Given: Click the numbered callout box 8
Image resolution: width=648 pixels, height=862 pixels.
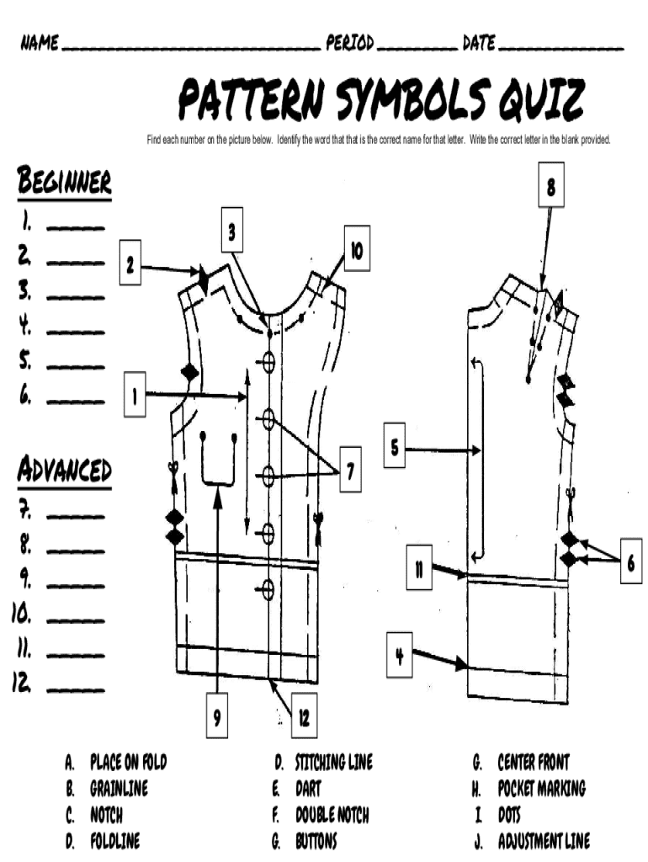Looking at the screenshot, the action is [x=550, y=184].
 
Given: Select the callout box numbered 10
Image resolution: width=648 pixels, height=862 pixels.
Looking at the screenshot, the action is [x=357, y=248].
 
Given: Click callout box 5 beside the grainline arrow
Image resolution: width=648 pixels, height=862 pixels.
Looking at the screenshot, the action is [x=394, y=445].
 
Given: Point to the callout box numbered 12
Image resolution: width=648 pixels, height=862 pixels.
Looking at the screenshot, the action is [x=304, y=715].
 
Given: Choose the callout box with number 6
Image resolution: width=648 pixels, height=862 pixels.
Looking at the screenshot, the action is [x=630, y=561].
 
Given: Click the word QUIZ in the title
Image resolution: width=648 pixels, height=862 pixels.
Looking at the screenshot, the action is [x=541, y=100].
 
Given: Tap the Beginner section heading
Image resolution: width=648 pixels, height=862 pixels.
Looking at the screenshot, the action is [x=64, y=180].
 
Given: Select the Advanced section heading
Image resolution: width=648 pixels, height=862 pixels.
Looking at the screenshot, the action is [x=64, y=469].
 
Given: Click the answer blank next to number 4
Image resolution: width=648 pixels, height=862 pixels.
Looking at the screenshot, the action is [x=75, y=332].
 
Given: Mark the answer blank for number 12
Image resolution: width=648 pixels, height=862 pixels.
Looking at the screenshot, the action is [x=75, y=689].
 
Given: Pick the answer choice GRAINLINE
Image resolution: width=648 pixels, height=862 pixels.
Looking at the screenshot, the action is [x=120, y=788].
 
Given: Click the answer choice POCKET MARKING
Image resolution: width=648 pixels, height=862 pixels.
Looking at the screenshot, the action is [x=541, y=788].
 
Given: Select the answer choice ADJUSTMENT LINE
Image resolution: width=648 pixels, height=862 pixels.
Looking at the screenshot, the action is [x=544, y=841].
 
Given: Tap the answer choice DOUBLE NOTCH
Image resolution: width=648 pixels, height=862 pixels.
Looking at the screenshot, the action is [x=332, y=815].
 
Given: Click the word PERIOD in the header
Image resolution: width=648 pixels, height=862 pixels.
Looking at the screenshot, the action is [x=350, y=42].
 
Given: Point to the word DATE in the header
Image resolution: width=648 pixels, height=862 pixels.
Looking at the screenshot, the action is [x=479, y=42].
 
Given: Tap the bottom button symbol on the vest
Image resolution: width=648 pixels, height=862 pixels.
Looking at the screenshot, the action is [x=268, y=588].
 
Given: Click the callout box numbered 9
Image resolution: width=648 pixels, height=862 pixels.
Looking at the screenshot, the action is [x=217, y=715].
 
